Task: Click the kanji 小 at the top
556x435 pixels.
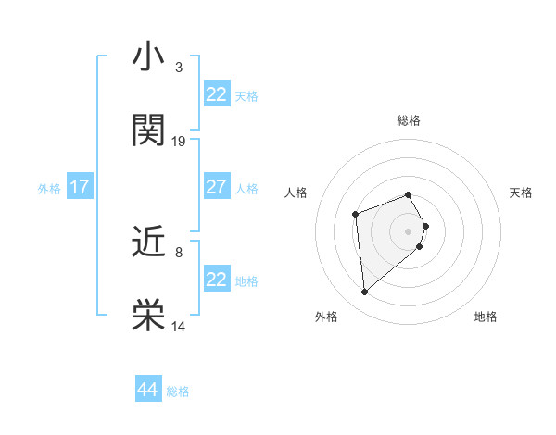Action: click(x=148, y=56)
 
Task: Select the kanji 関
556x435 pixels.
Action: click(x=148, y=130)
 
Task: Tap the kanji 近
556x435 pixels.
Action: click(x=148, y=242)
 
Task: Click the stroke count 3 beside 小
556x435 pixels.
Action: click(x=178, y=68)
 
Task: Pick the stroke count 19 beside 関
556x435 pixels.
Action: click(x=179, y=142)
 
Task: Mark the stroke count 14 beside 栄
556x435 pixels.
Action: click(x=179, y=327)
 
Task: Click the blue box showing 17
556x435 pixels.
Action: click(x=79, y=187)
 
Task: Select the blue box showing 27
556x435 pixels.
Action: click(x=216, y=187)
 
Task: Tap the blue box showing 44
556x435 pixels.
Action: click(x=147, y=390)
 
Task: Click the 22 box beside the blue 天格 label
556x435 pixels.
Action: click(x=216, y=94)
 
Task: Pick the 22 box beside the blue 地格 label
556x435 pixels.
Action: click(x=216, y=280)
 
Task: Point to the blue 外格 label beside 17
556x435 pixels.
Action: click(x=49, y=189)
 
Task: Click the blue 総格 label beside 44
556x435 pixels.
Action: click(x=178, y=391)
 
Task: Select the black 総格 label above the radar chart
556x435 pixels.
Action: click(x=409, y=120)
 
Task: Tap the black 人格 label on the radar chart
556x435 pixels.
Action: click(x=297, y=193)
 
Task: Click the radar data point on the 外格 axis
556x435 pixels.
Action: click(x=364, y=292)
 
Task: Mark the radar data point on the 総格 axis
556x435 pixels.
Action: click(x=409, y=194)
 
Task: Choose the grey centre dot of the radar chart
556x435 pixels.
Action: click(x=409, y=230)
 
